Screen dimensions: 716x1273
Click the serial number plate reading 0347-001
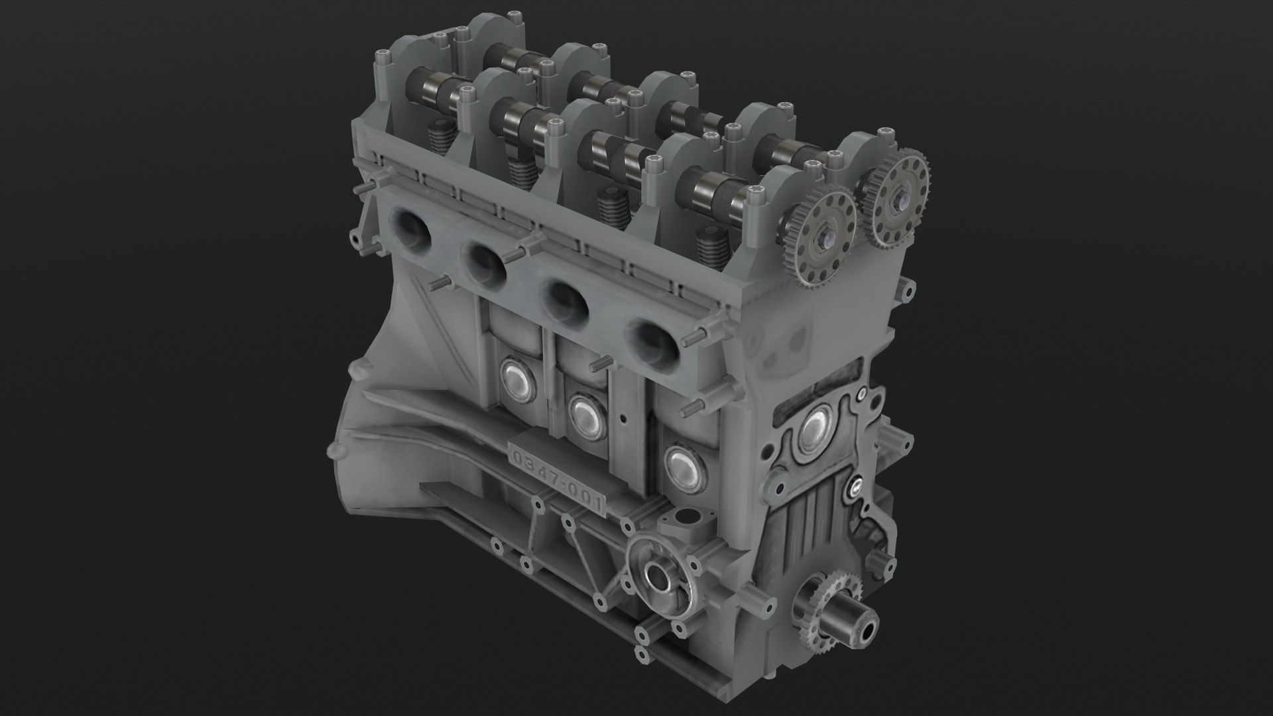[556, 481]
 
